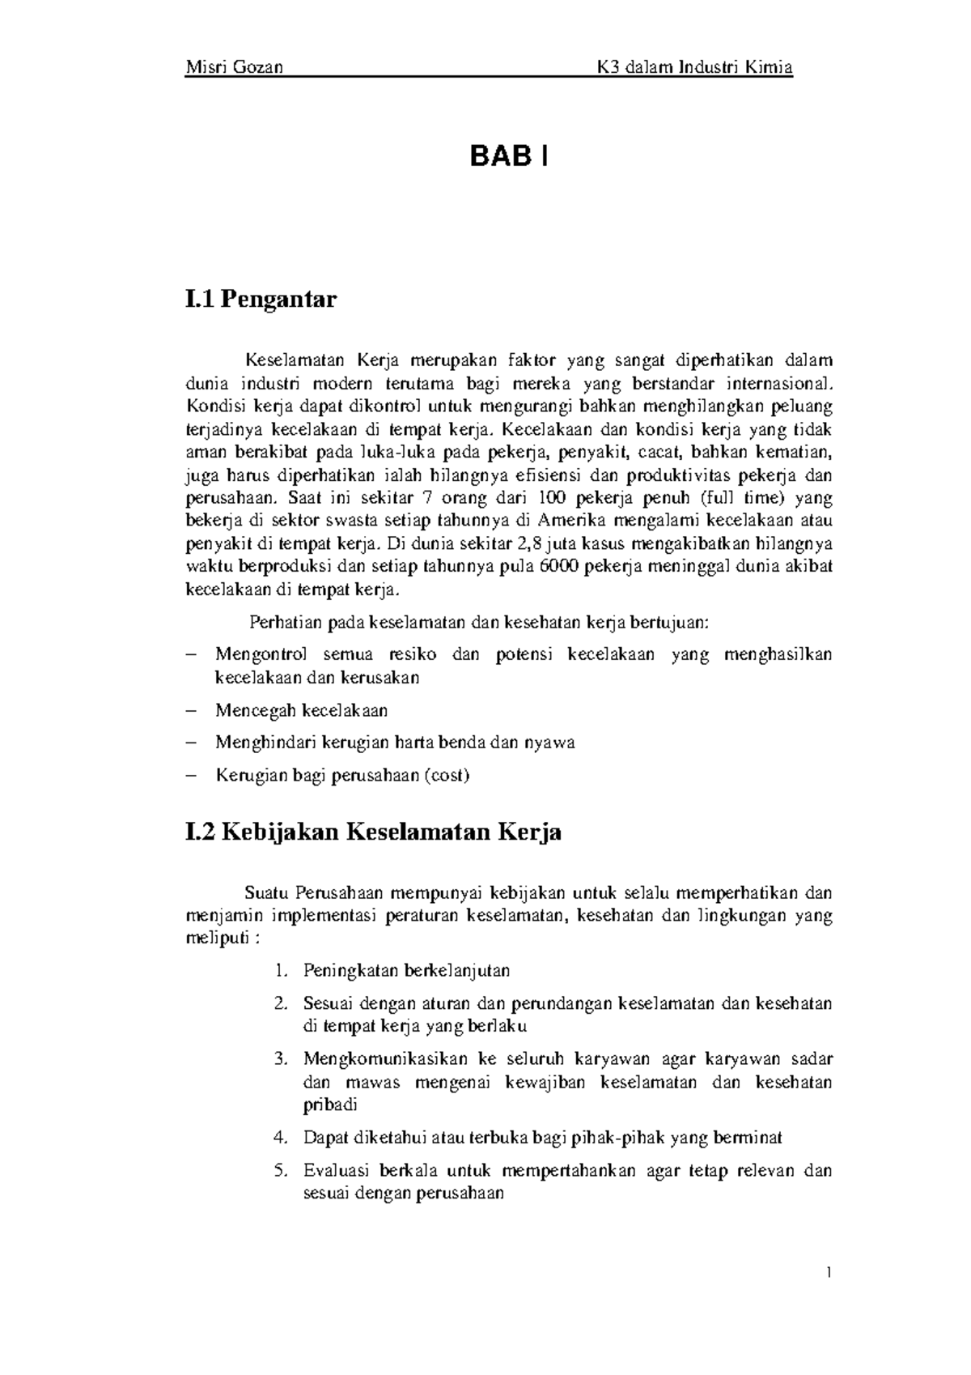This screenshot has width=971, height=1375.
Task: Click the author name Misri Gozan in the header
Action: (x=235, y=67)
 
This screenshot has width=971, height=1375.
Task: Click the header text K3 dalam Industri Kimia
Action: (x=693, y=67)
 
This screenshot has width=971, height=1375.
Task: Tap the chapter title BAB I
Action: (x=509, y=157)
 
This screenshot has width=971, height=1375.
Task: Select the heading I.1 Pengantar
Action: (x=261, y=300)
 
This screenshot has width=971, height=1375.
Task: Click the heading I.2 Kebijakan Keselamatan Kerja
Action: (x=373, y=832)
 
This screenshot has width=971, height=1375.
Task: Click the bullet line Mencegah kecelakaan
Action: (x=301, y=711)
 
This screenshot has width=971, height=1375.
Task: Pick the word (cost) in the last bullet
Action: (x=446, y=776)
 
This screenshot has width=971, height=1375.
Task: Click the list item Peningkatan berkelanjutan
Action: (x=406, y=970)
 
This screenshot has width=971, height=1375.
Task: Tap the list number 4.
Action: (x=280, y=1138)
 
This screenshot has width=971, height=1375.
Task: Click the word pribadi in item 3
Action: (x=330, y=1105)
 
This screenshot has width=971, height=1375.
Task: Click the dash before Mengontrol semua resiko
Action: (x=191, y=654)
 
